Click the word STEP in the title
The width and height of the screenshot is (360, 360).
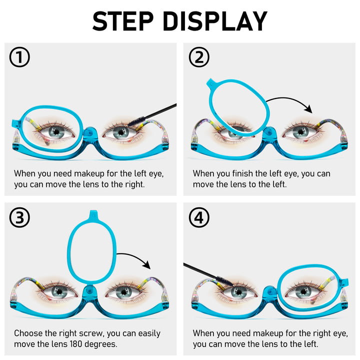(x=123, y=21)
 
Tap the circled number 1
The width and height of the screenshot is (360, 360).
(x=19, y=57)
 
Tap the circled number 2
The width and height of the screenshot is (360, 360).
(x=199, y=57)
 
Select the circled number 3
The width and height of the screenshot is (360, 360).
(x=19, y=217)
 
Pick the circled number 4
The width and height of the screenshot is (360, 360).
(x=199, y=217)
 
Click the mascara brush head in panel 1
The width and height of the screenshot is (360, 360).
(x=136, y=121)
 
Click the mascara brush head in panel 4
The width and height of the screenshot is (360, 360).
(x=224, y=281)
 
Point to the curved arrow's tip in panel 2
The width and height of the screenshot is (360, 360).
(x=311, y=112)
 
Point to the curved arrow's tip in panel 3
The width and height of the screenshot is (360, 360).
(x=149, y=268)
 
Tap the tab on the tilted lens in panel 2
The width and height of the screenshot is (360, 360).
(x=211, y=83)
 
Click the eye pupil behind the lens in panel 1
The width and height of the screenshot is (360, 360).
(x=56, y=132)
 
